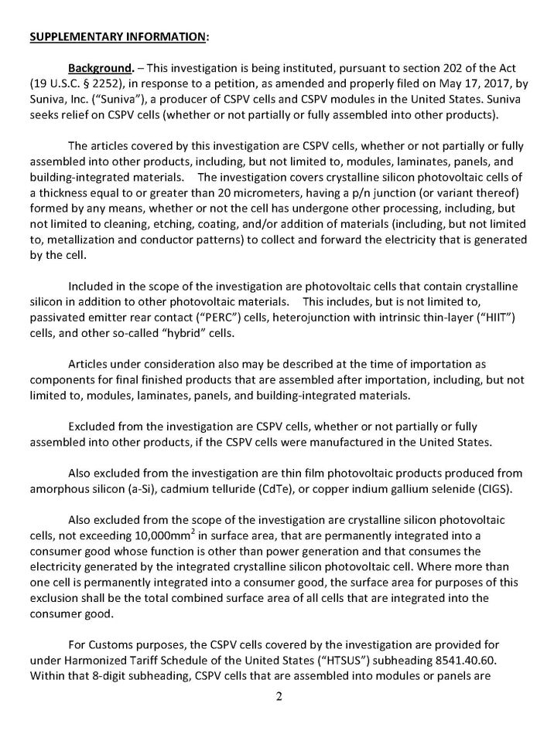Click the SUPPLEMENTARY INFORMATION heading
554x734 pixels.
[118, 36]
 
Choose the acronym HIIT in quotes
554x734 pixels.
[489, 317]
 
